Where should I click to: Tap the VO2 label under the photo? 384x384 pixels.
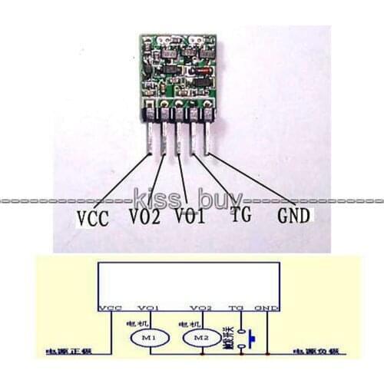click(x=145, y=218)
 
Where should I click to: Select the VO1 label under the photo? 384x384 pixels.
click(x=190, y=217)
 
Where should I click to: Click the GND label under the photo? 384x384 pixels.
click(x=294, y=216)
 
